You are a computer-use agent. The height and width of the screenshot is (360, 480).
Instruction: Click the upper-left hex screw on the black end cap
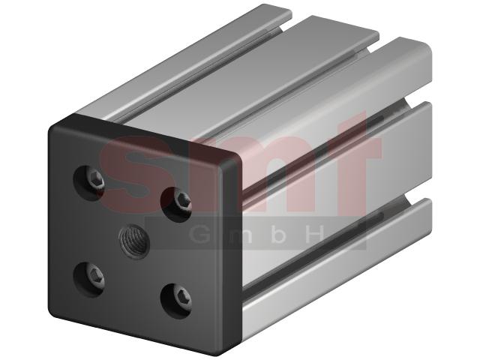(x=96, y=181)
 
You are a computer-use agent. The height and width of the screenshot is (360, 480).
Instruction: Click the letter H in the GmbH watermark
(x=315, y=234)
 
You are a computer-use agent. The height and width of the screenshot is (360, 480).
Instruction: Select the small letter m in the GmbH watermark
(x=241, y=236)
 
